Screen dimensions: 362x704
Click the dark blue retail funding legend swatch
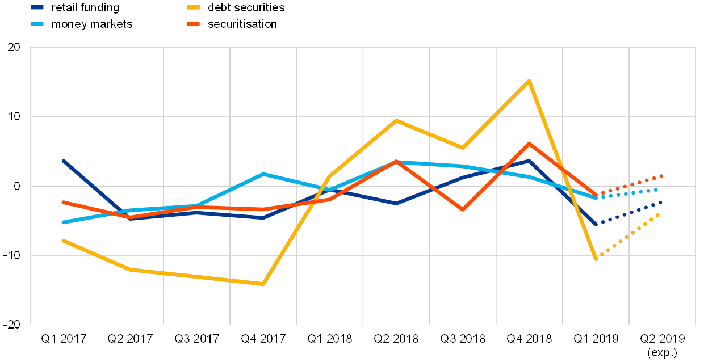37,8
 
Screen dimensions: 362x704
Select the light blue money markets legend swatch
37,24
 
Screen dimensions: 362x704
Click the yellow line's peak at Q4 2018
529,81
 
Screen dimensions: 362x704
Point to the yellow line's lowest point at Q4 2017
263,284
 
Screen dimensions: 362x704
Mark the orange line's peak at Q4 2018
529,144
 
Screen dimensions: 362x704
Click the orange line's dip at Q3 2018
463,210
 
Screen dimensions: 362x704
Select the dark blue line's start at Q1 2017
64,161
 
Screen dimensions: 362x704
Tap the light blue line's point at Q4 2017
263,174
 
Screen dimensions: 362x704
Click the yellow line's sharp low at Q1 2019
596,259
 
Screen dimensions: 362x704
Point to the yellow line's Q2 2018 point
396,120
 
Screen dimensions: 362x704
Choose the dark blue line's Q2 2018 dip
396,203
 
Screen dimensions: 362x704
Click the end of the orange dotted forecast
661,176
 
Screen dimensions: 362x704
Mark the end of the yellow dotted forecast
659,214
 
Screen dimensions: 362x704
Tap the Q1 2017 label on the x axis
64,339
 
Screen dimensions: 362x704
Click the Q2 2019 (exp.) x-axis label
662,345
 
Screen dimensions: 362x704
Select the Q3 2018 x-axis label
463,339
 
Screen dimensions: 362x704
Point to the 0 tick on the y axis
16,186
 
